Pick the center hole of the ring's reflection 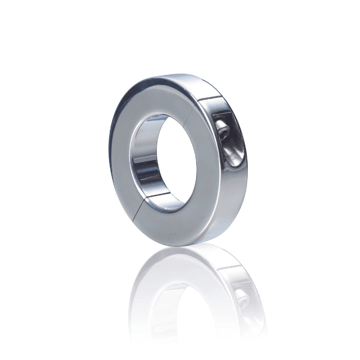pyautogui.click(x=180, y=300)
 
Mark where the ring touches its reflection pyautogui.click(x=180, y=242)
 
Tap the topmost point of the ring pyautogui.click(x=180, y=74)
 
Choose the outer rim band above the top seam pyautogui.click(x=198, y=83)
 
